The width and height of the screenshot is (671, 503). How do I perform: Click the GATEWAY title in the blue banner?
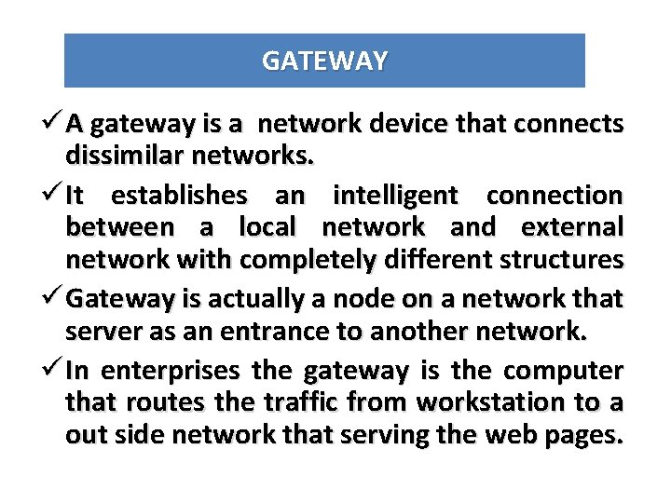click(x=324, y=61)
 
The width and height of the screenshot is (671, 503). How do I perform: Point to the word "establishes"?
click(x=179, y=196)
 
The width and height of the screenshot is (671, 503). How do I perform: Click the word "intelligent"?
click(x=395, y=196)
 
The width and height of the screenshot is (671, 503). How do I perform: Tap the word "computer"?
click(x=564, y=372)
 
